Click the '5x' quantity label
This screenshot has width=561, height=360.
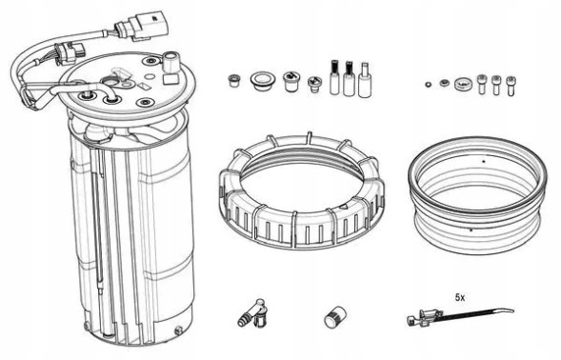(460, 297)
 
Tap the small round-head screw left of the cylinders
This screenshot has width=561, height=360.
(312, 85)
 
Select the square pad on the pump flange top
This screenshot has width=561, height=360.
(122, 74)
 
